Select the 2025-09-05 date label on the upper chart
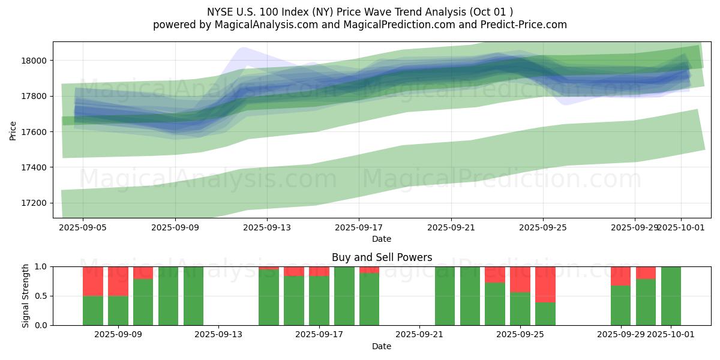(83, 228)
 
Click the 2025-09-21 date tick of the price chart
(451, 228)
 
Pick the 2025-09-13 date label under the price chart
(267, 228)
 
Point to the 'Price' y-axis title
(13, 130)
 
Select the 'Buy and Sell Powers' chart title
(382, 257)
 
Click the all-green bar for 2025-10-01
(671, 296)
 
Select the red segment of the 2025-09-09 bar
(118, 281)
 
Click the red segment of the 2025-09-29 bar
(620, 276)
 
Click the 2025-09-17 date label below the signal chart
(319, 334)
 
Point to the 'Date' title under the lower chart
(382, 346)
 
